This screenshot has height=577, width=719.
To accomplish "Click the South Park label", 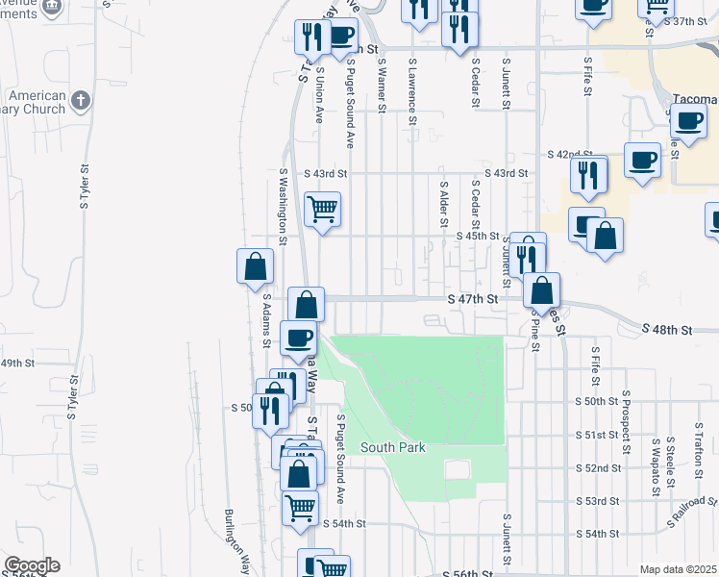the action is [x=392, y=448].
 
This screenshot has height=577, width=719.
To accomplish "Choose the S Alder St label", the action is [x=443, y=203].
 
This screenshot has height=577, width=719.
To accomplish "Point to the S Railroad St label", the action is [x=691, y=514].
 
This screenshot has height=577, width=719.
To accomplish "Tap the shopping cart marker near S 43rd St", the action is [x=322, y=208].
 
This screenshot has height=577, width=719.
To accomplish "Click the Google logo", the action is [x=31, y=565].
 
